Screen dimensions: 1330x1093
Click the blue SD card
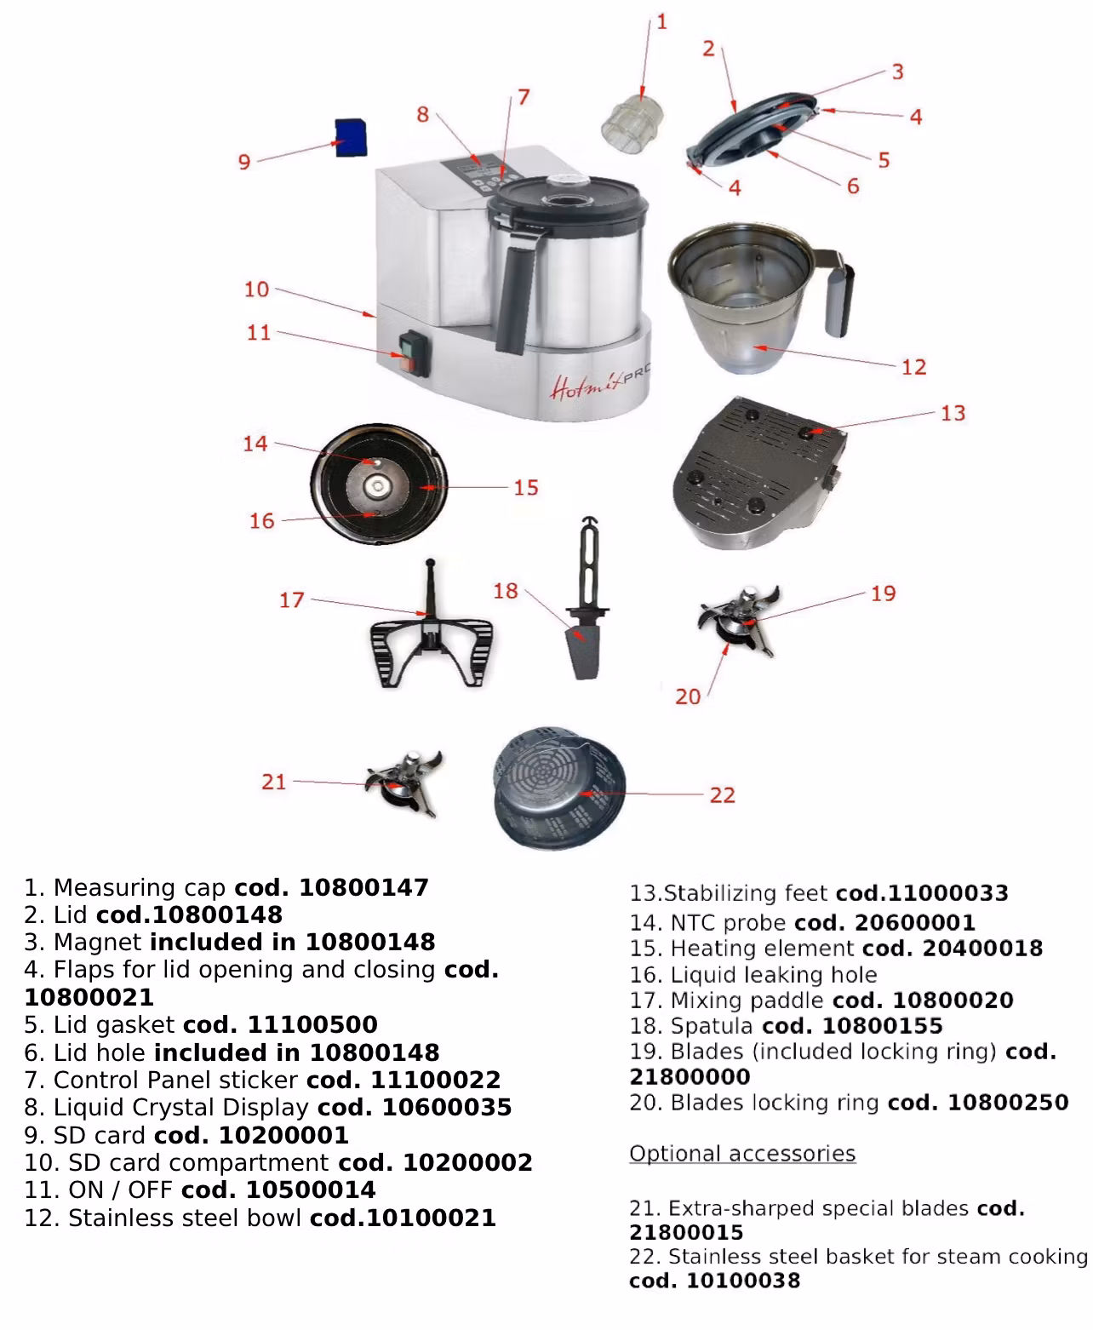pos(350,137)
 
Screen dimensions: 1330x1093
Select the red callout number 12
pos(913,367)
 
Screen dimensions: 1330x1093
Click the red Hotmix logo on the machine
pos(582,387)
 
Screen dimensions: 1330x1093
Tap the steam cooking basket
pos(558,788)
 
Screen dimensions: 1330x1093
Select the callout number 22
pos(722,795)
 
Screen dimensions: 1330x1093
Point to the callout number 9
pos(244,162)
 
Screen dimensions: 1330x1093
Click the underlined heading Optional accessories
pos(742,1154)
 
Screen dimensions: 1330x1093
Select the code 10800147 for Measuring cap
pos(363,887)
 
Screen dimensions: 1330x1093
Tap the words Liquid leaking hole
pos(774,975)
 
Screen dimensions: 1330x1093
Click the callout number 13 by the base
pos(953,413)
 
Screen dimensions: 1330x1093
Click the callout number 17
pos(291,600)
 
